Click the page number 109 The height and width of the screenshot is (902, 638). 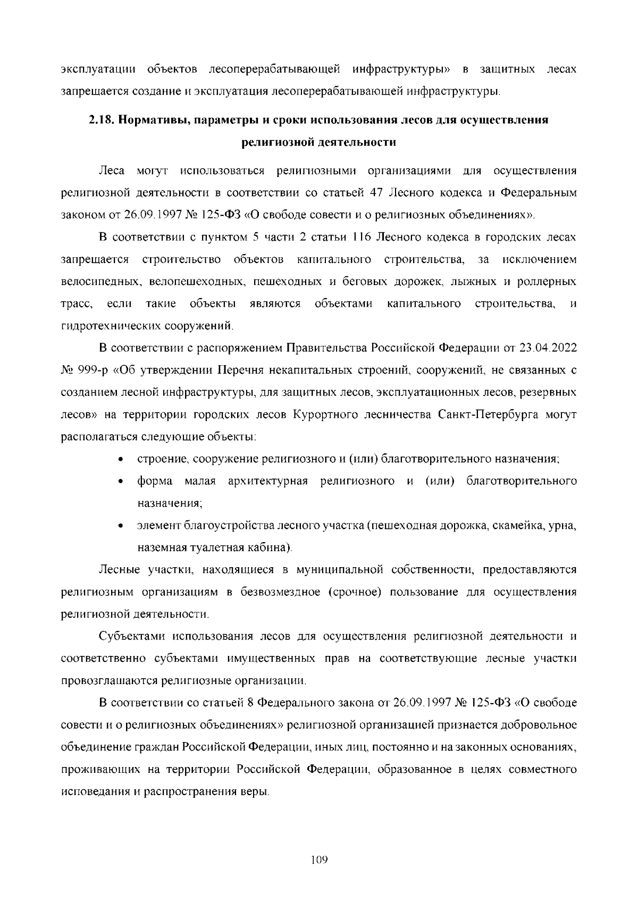pos(319,859)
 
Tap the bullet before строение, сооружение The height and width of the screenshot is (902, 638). pos(122,459)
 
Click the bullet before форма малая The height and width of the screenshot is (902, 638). pos(122,482)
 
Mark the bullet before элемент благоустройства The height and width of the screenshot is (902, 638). pos(122,527)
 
